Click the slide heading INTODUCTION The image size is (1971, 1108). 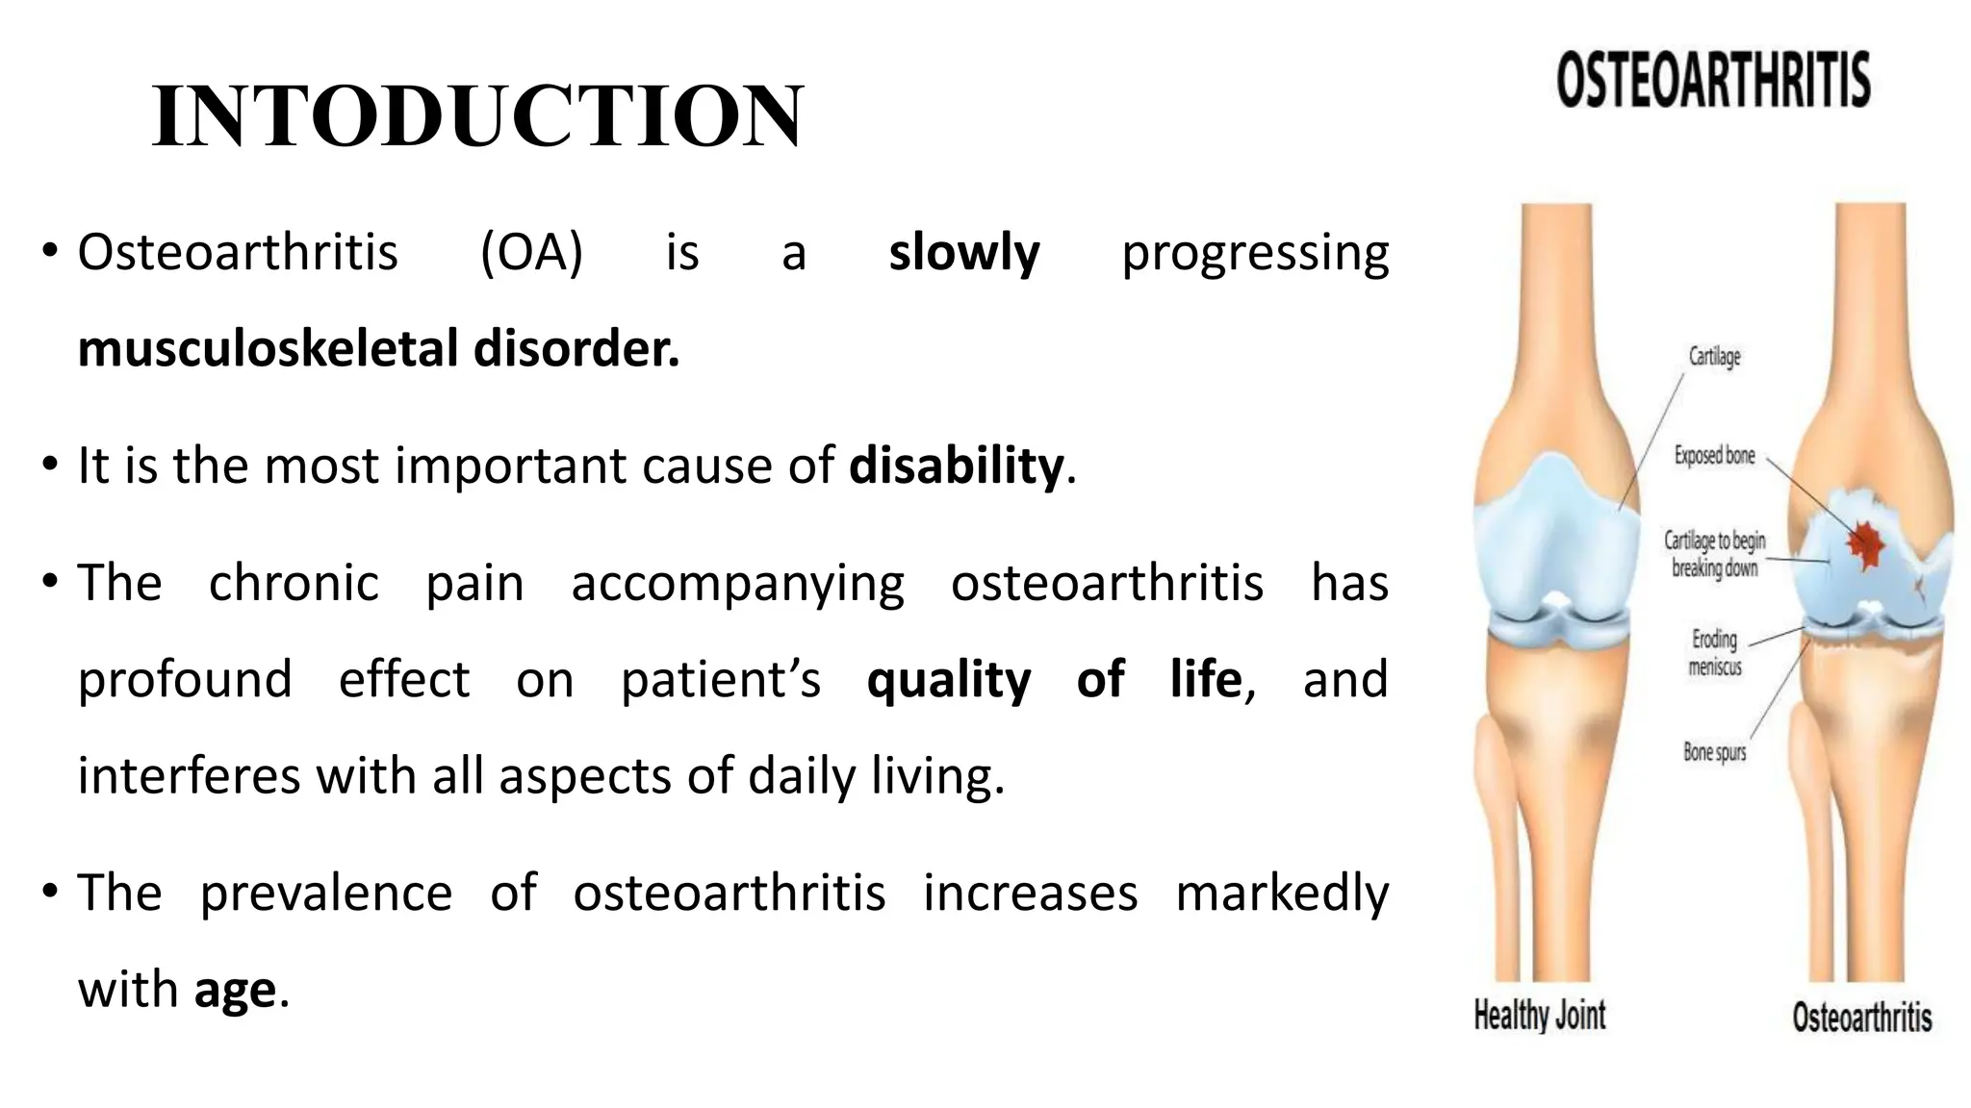[x=477, y=116]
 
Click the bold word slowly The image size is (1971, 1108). [x=963, y=253]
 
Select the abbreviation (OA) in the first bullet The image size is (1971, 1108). [x=531, y=253]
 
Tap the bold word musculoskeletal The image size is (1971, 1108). [x=268, y=348]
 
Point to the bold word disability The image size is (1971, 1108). [x=956, y=466]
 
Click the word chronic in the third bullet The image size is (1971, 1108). [x=294, y=583]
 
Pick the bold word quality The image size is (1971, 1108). [x=948, y=680]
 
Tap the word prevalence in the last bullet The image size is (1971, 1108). [x=325, y=893]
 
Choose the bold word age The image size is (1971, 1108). [x=235, y=991]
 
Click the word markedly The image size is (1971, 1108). [x=1282, y=893]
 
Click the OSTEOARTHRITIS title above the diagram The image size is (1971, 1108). [x=1713, y=80]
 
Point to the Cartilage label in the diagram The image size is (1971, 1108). [x=1714, y=357]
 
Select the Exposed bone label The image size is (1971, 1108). [x=1714, y=456]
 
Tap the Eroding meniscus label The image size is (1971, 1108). [x=1714, y=652]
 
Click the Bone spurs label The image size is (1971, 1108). [x=1714, y=752]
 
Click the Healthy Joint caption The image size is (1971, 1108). [x=1540, y=1016]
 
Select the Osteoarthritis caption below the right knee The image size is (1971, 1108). [x=1861, y=1018]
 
